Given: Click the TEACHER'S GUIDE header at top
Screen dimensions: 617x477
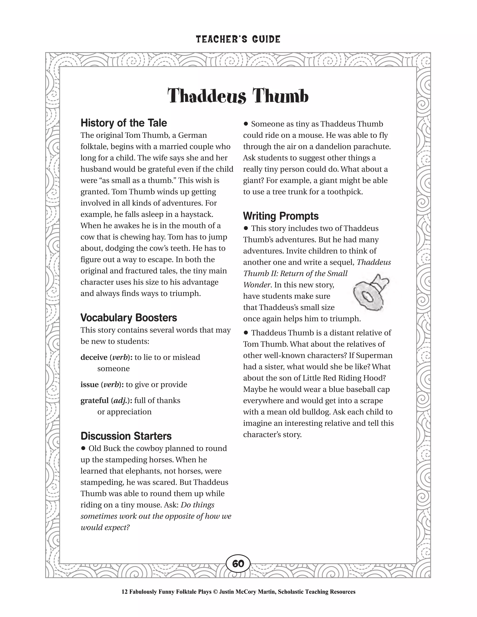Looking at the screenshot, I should (x=238, y=39).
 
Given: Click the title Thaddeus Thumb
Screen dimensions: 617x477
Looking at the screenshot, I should (x=238, y=95).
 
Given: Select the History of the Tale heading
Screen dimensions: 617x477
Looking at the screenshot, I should (x=123, y=123).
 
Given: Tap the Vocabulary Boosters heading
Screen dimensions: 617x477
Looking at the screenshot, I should (x=129, y=318).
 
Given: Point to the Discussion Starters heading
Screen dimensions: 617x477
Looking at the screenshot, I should (x=126, y=436).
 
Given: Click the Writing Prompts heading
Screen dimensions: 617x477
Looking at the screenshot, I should (x=281, y=216).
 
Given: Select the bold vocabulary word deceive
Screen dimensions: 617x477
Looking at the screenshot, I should (x=94, y=357).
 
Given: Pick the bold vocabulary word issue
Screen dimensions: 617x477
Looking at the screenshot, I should (x=89, y=384).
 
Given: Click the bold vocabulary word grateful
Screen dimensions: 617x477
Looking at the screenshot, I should (x=94, y=401).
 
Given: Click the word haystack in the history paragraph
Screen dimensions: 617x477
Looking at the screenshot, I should (x=196, y=214).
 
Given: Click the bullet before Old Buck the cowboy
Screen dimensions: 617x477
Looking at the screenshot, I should (x=83, y=448).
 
